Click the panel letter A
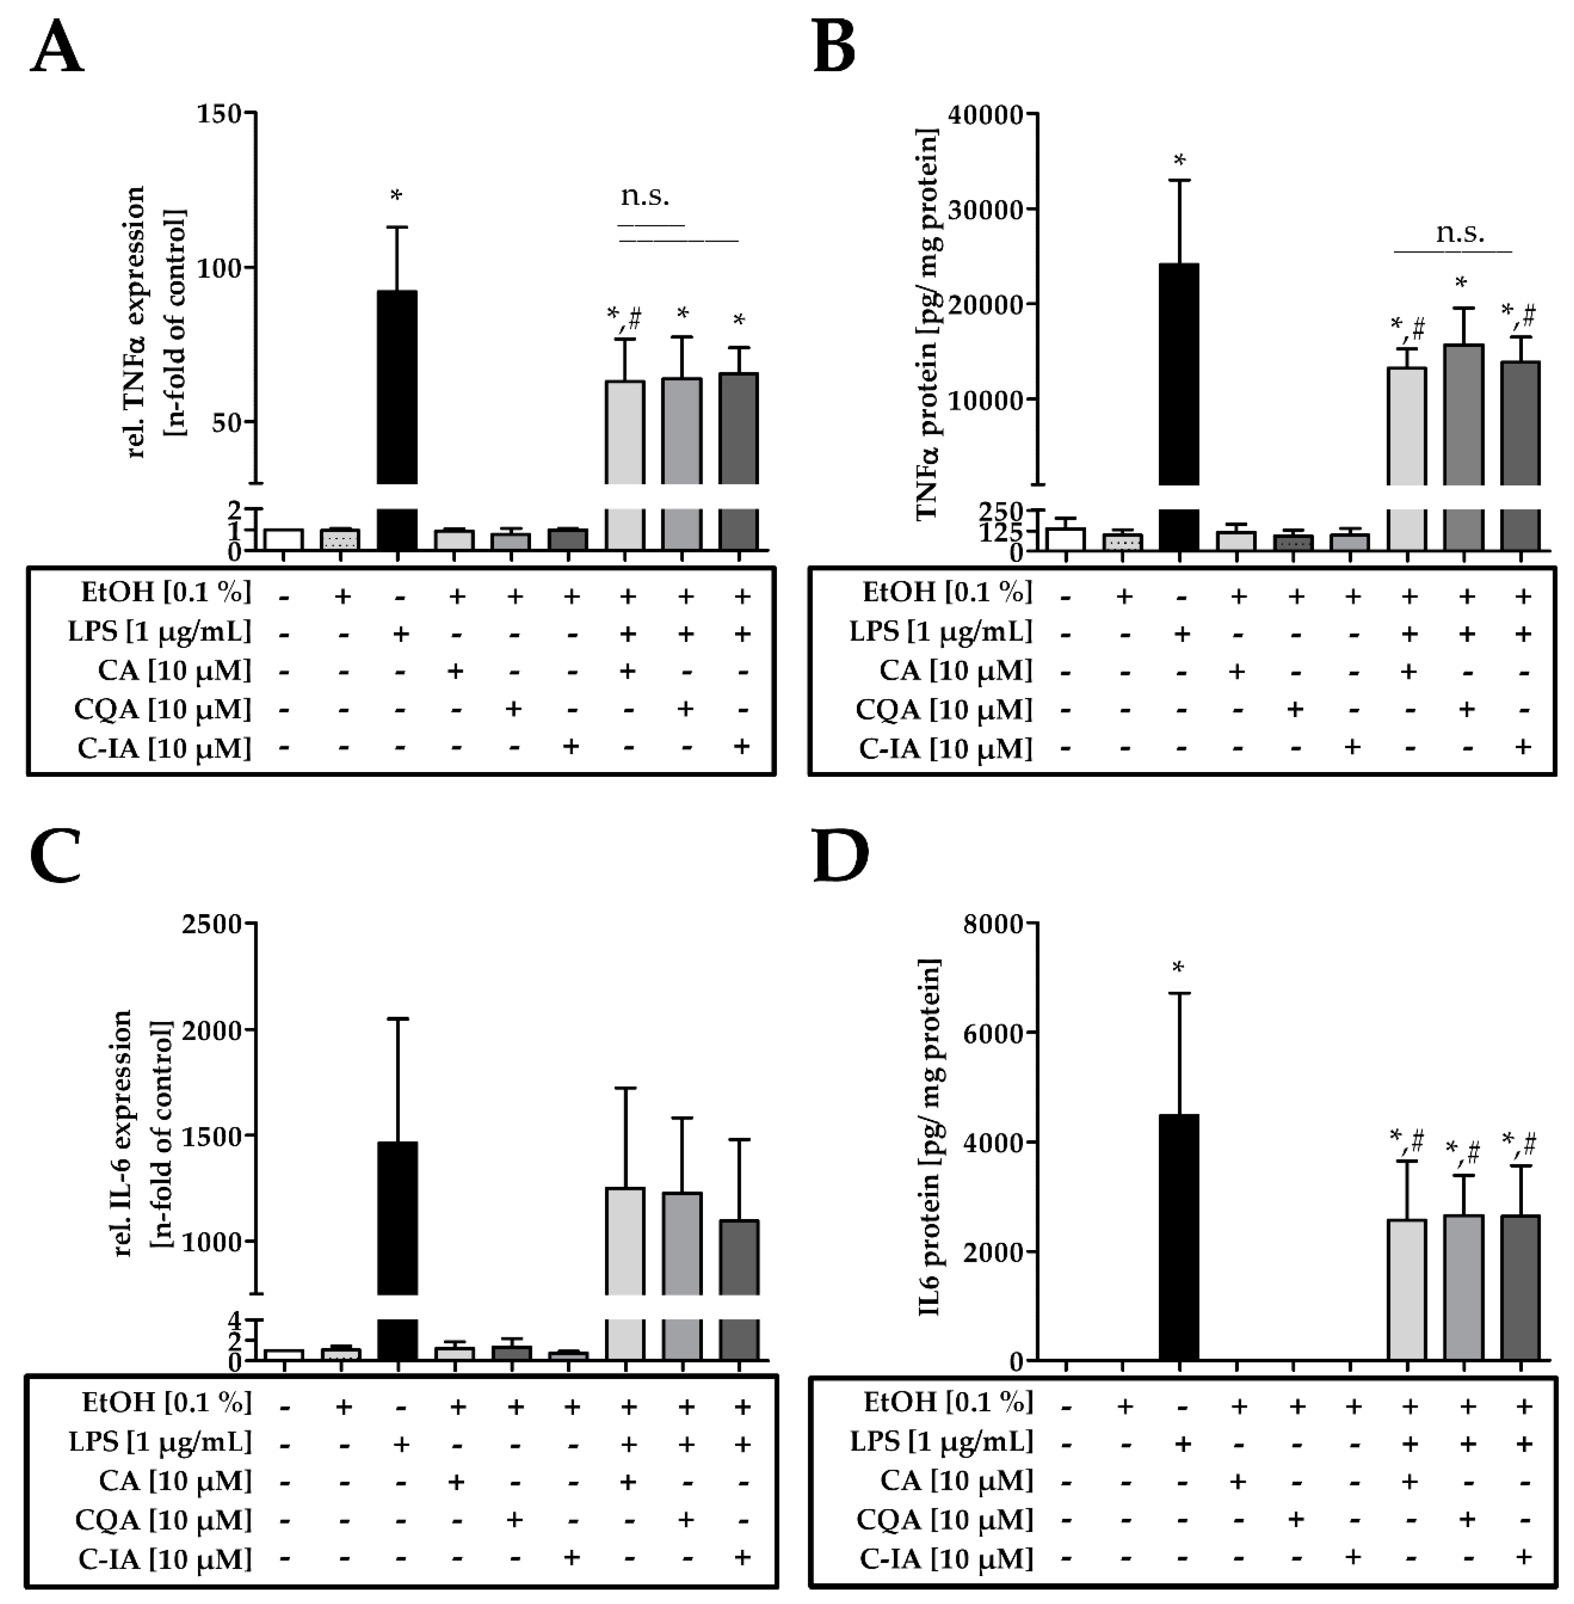coord(56,48)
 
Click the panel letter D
coord(841,857)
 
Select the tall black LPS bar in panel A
coord(397,388)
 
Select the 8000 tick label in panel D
coord(995,923)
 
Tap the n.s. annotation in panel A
coord(645,197)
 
